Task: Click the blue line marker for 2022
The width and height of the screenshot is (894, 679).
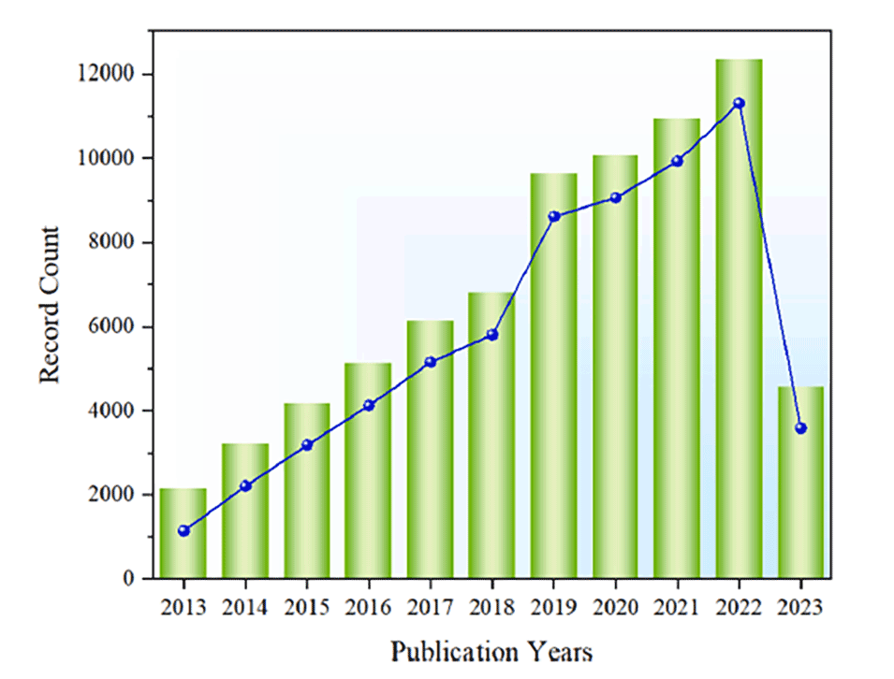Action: pyautogui.click(x=739, y=103)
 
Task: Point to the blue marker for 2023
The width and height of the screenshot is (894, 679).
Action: pyautogui.click(x=800, y=427)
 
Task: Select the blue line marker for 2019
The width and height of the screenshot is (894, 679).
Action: pyautogui.click(x=553, y=216)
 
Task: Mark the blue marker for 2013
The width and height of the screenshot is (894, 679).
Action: pyautogui.click(x=183, y=530)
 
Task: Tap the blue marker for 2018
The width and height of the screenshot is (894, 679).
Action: pyautogui.click(x=491, y=334)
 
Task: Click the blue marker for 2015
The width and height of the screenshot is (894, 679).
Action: pyautogui.click(x=307, y=445)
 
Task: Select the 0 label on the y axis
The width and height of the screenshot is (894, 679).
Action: pyautogui.click(x=131, y=579)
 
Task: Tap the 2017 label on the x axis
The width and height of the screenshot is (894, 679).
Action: pyautogui.click(x=430, y=607)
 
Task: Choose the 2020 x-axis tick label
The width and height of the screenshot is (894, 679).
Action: pyautogui.click(x=615, y=607)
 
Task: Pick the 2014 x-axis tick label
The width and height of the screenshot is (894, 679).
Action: pyautogui.click(x=244, y=607)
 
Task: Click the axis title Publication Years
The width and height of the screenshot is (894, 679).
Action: pyautogui.click(x=491, y=650)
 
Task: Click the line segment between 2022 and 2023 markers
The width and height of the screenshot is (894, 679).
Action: pyautogui.click(x=769, y=266)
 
